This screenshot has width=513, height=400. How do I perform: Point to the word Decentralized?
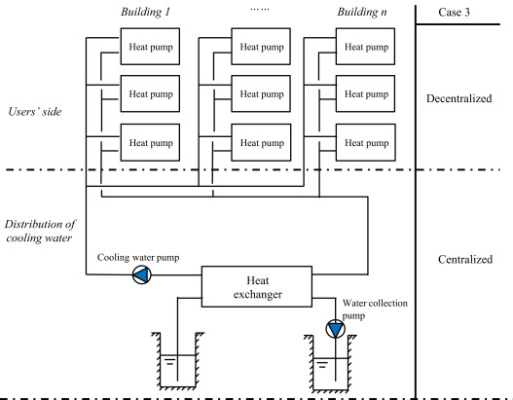pos(463,99)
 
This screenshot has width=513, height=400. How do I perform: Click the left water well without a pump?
pos(173,362)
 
